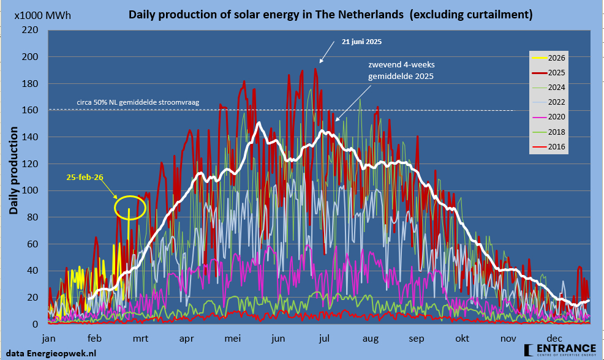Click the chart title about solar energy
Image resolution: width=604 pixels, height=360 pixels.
330,13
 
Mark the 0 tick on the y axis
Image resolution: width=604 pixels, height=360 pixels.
36,324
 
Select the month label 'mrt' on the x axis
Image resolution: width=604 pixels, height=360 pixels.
140,338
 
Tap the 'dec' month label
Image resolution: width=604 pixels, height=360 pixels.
554,338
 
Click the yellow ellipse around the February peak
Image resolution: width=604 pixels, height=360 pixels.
130,208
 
